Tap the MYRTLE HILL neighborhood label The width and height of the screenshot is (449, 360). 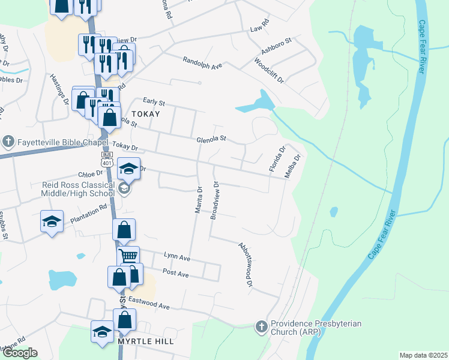(x=146, y=341)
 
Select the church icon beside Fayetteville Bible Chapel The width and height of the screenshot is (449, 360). (x=8, y=142)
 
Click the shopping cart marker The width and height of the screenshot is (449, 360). (x=128, y=256)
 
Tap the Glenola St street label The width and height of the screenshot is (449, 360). (x=211, y=139)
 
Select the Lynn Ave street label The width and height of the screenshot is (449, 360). (x=176, y=259)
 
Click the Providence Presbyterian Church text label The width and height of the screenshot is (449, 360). (x=316, y=328)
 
